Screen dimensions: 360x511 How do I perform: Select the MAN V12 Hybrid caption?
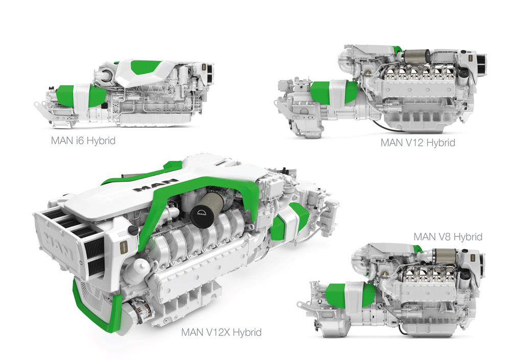coord(417,143)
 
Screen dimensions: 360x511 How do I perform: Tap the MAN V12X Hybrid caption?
coord(221,332)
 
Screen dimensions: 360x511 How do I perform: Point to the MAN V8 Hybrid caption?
coord(448,236)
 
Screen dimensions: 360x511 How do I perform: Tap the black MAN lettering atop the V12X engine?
coord(156,185)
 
